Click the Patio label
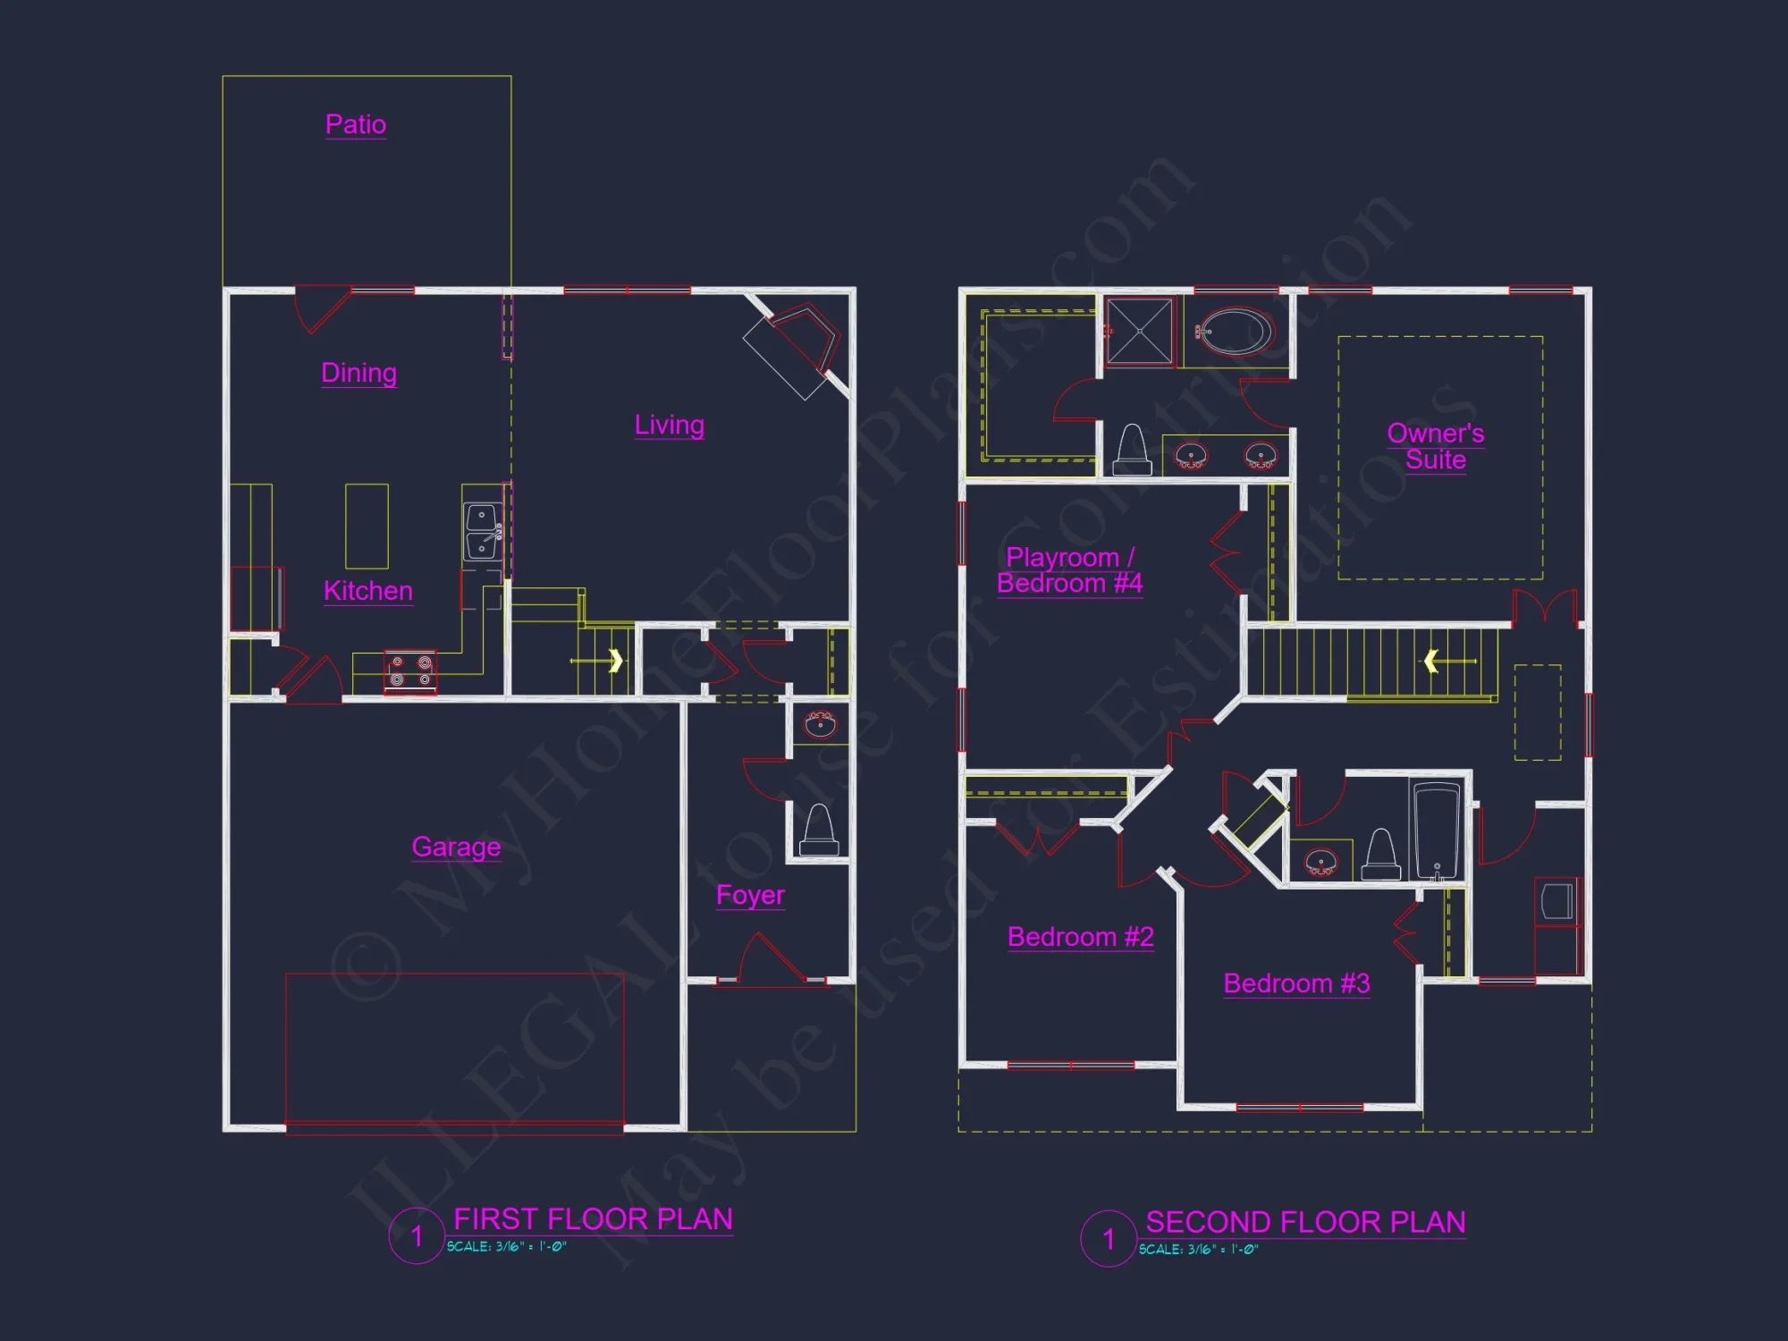(x=356, y=124)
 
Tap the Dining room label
(x=358, y=372)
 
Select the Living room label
(x=669, y=425)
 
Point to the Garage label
(x=456, y=847)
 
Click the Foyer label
(x=750, y=895)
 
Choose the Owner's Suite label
(x=1435, y=446)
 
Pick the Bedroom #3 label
(x=1296, y=983)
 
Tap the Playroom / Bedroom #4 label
(x=1069, y=570)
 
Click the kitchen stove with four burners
(x=410, y=671)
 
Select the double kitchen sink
(x=482, y=531)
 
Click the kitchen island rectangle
(x=367, y=526)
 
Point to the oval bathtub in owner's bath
(x=1234, y=332)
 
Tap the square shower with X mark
(x=1139, y=331)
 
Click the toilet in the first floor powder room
(x=820, y=829)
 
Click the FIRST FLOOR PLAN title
(x=593, y=1219)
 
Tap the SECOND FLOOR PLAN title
(x=1305, y=1222)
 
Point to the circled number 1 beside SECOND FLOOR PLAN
(x=1109, y=1239)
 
